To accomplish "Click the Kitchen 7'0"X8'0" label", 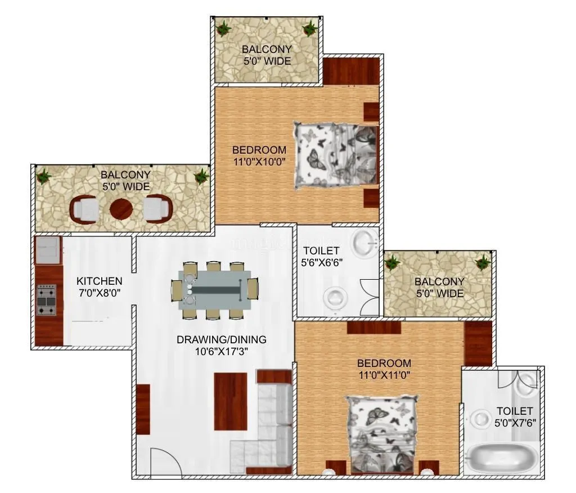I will coord(100,286).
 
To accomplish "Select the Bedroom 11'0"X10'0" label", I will coord(259,156).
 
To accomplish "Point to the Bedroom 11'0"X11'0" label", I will coord(384,369).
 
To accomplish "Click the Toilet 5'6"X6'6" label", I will coord(321,256).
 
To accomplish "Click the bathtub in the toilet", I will coord(502,458).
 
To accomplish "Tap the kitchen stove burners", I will coord(46,299).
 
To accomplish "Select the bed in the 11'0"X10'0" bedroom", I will coord(336,155).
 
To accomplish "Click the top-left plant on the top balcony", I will coord(224,28).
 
